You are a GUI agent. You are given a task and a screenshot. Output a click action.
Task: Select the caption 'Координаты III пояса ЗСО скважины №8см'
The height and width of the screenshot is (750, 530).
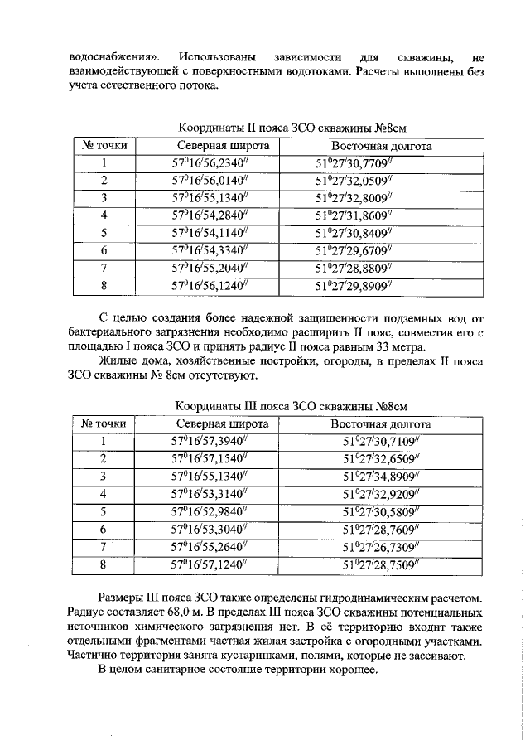coord(292,405)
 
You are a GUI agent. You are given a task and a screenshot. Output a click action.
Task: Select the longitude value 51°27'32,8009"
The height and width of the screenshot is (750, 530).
coord(352,198)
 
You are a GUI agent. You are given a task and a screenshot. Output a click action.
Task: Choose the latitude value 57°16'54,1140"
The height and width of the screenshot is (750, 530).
coord(210,233)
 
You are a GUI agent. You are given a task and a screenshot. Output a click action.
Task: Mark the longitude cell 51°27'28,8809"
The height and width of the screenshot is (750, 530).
coord(352,269)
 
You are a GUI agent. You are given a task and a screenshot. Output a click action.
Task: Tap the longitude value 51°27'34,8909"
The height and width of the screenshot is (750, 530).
coord(380,476)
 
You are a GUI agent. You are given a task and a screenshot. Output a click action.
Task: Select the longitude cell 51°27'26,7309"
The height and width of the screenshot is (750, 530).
coord(380,546)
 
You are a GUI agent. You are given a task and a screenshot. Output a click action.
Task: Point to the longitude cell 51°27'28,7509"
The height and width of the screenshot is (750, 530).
coord(380,564)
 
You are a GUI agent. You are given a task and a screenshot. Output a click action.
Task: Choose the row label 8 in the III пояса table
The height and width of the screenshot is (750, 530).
coord(104,564)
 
